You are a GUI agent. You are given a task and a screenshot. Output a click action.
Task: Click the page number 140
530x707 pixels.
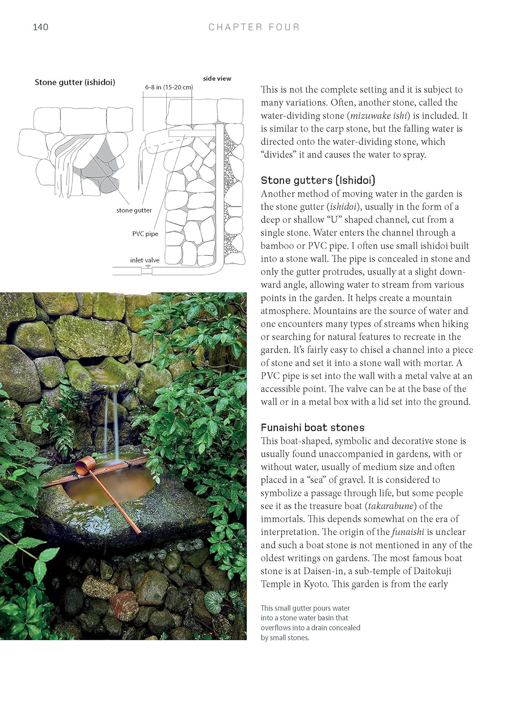point(41,27)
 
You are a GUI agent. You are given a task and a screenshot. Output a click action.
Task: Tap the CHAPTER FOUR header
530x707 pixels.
point(254,27)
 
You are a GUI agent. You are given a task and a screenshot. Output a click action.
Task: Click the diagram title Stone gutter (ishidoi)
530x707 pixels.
point(75,82)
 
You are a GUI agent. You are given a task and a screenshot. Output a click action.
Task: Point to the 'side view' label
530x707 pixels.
point(217,78)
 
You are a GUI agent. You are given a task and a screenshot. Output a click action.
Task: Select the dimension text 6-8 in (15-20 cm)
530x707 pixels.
point(169,87)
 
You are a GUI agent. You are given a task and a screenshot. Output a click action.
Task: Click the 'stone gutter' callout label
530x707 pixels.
point(134,210)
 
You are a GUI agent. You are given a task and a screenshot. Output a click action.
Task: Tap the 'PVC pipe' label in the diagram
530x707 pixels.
point(145,234)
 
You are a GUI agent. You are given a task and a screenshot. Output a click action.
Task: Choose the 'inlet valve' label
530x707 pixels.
point(145,260)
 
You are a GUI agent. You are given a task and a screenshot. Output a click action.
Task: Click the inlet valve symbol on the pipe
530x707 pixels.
point(147,267)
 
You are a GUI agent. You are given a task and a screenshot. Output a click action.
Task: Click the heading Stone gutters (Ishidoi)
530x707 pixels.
point(318,180)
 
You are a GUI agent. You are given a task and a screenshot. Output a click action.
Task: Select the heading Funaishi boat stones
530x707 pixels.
point(313,427)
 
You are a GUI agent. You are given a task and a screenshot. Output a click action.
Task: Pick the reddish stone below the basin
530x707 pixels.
point(124,599)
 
